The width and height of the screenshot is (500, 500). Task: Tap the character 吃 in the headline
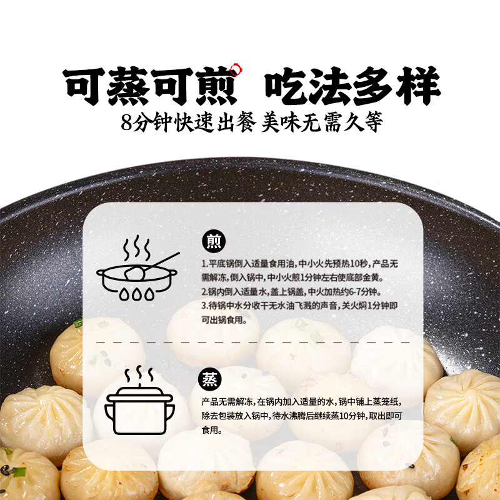[287, 86]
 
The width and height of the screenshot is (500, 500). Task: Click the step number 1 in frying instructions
[204, 264]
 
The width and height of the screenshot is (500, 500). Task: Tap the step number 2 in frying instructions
[204, 292]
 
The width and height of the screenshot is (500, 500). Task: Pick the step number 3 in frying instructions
[204, 306]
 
